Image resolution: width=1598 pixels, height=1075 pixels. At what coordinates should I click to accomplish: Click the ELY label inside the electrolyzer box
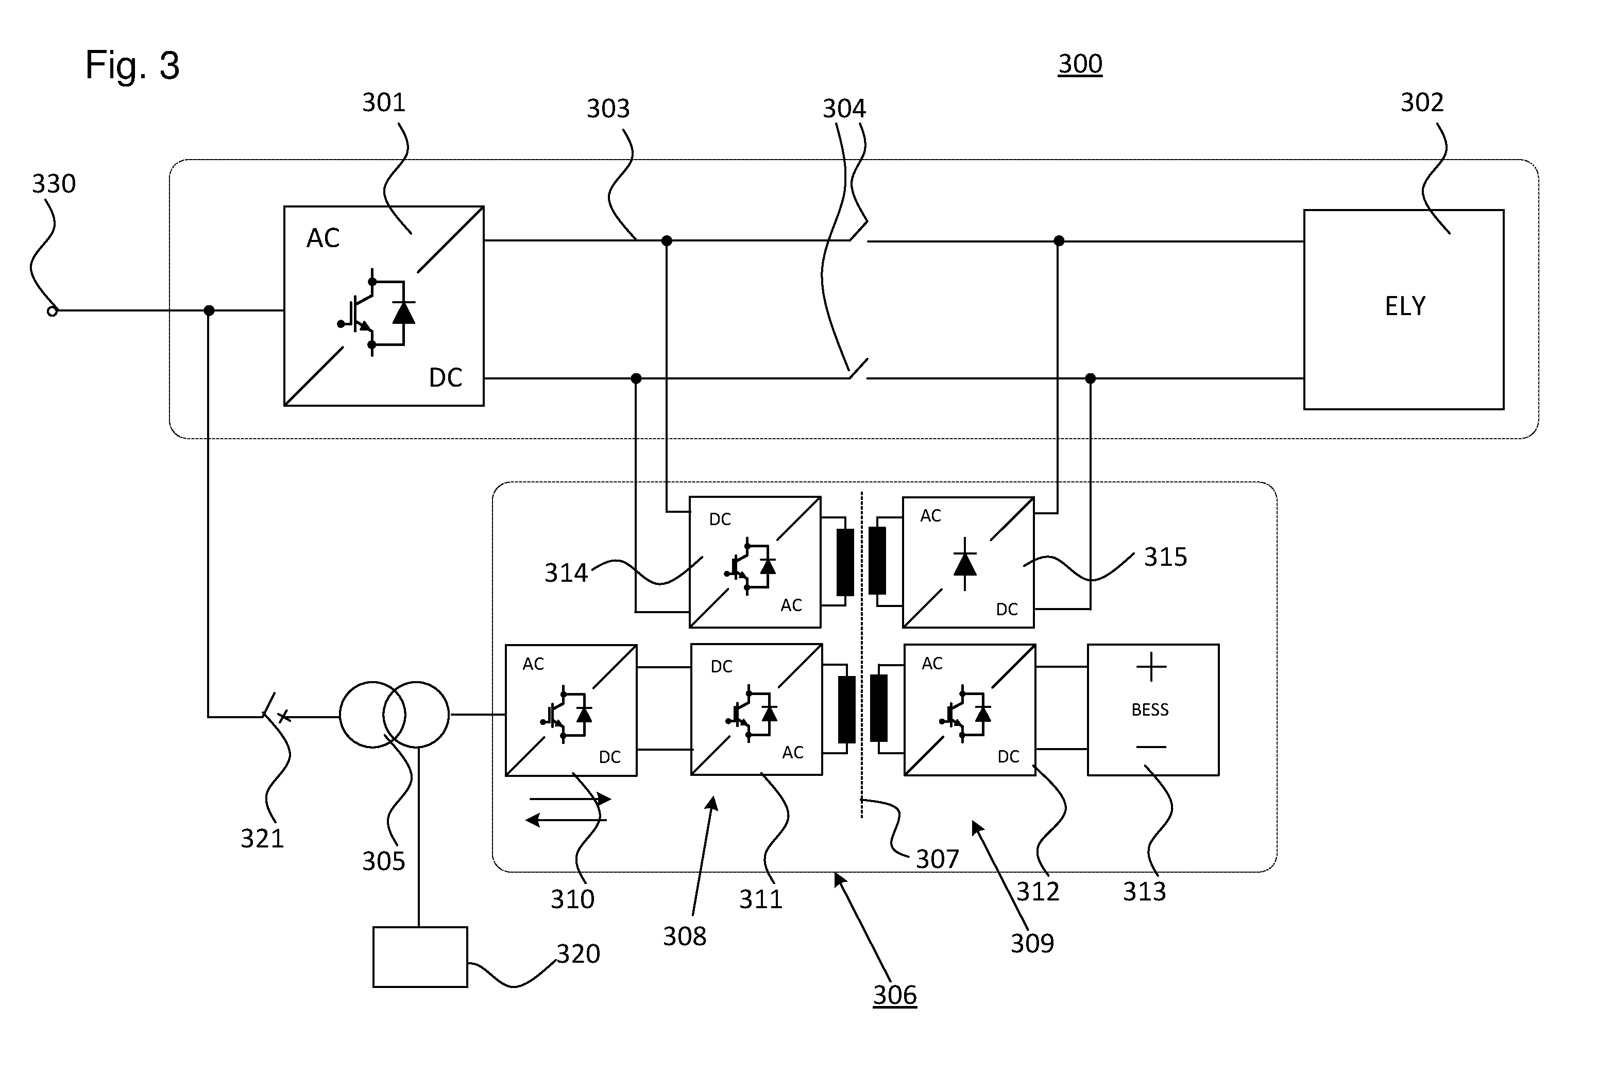point(1405,306)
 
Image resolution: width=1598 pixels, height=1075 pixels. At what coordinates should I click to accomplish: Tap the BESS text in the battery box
point(1150,709)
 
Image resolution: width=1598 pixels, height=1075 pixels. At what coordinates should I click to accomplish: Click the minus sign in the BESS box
point(1151,747)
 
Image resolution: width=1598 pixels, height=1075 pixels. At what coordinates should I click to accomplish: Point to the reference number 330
point(54,184)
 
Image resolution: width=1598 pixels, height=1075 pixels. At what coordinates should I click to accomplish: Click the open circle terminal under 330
point(52,311)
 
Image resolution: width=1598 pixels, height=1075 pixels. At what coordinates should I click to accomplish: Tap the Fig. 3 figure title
point(132,65)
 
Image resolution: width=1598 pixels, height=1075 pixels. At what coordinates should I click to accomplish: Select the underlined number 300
point(1080,64)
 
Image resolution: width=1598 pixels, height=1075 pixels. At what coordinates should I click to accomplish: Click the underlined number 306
point(894,995)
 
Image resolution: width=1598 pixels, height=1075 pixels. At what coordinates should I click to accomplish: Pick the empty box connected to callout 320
point(420,957)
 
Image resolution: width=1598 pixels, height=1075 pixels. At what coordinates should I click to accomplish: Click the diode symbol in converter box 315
point(965,564)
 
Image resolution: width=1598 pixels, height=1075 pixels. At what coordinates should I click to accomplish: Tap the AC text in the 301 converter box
point(323,238)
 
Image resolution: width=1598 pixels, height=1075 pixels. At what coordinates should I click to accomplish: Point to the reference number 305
point(383,861)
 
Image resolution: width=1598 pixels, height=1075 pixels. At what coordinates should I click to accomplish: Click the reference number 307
point(938,859)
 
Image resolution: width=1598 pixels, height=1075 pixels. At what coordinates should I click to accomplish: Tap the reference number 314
point(566,573)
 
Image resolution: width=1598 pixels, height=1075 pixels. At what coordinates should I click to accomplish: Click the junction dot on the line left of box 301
point(209,310)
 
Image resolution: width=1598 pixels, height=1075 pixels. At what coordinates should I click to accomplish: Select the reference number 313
point(1144,891)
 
